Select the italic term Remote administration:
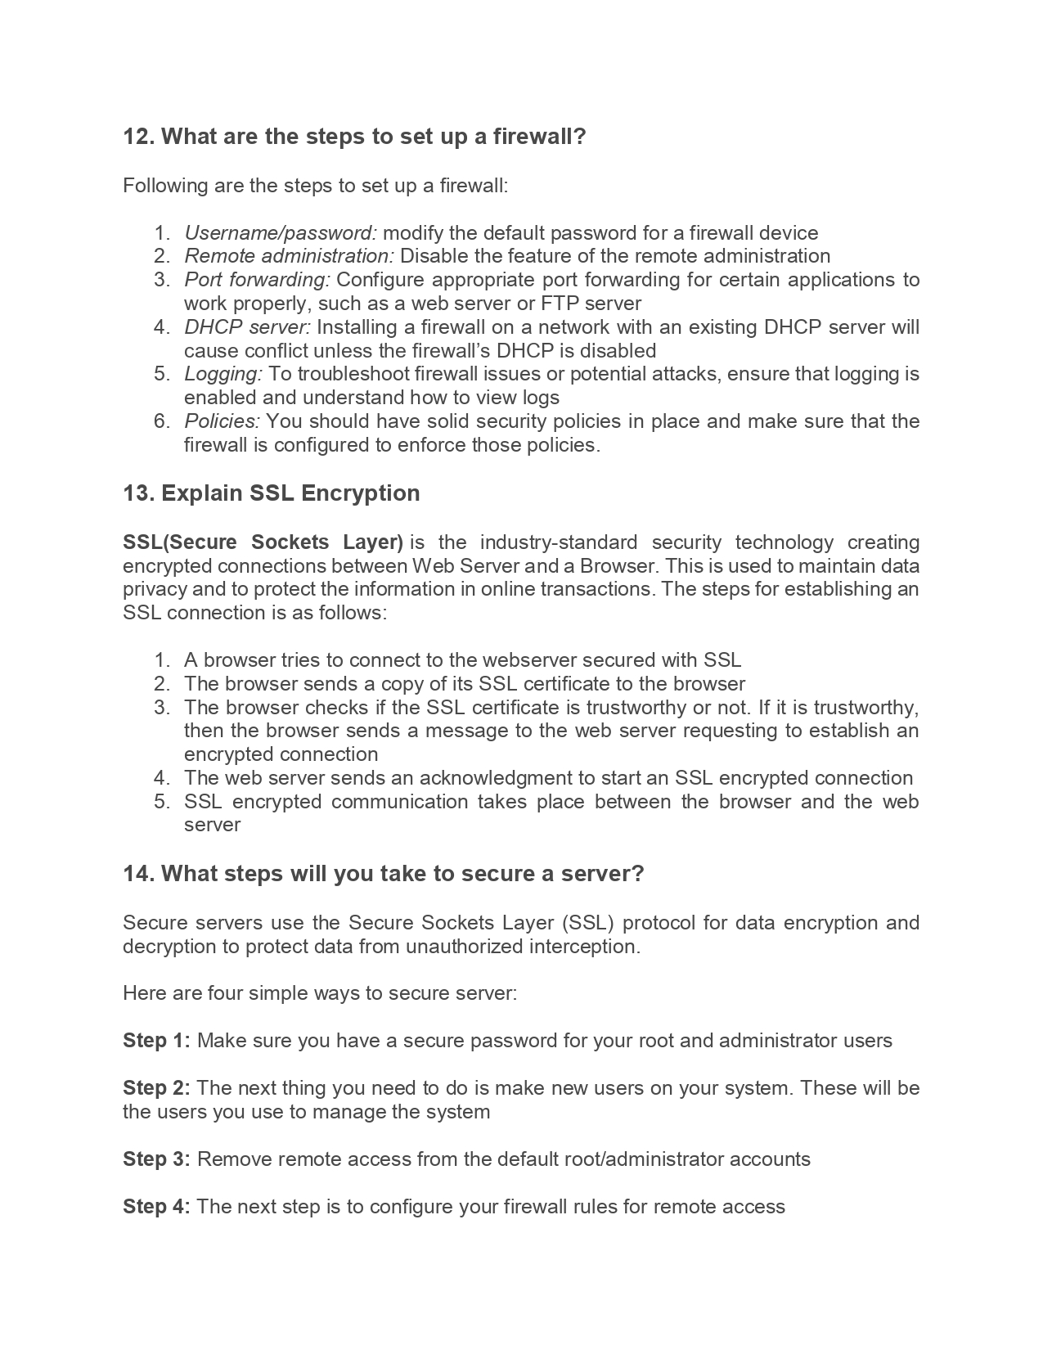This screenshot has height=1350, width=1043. pos(289,256)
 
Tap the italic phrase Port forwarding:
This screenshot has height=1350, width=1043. pos(257,280)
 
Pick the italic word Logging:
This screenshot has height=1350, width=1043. pos(223,374)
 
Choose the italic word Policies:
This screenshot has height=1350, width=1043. pos(222,421)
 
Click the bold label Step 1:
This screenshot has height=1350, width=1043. pos(156,1041)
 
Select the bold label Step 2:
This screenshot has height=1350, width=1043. pos(156,1088)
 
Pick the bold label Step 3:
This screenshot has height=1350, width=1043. pos(156,1159)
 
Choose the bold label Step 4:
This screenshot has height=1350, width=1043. pos(156,1207)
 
